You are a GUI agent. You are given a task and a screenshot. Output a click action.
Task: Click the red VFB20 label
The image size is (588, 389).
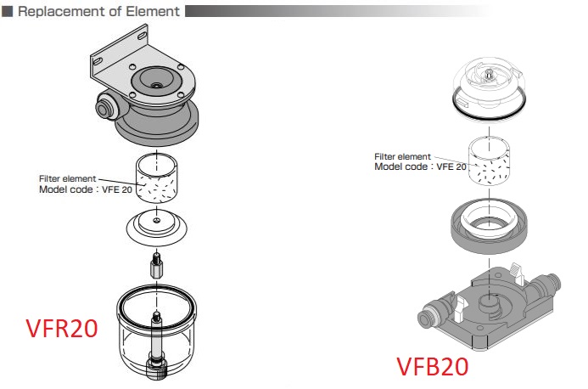coord(432,367)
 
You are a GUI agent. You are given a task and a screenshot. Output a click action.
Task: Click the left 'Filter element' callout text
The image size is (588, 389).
coord(67,178)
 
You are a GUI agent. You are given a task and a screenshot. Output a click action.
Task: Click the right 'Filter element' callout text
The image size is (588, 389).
coord(403,156)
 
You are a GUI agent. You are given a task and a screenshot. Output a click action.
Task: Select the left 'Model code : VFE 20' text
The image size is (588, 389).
coord(86,189)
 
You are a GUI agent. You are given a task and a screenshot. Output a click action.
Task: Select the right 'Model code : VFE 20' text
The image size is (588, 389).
coord(421,167)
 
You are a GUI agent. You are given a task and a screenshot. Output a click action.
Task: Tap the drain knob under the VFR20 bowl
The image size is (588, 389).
coord(156,366)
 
